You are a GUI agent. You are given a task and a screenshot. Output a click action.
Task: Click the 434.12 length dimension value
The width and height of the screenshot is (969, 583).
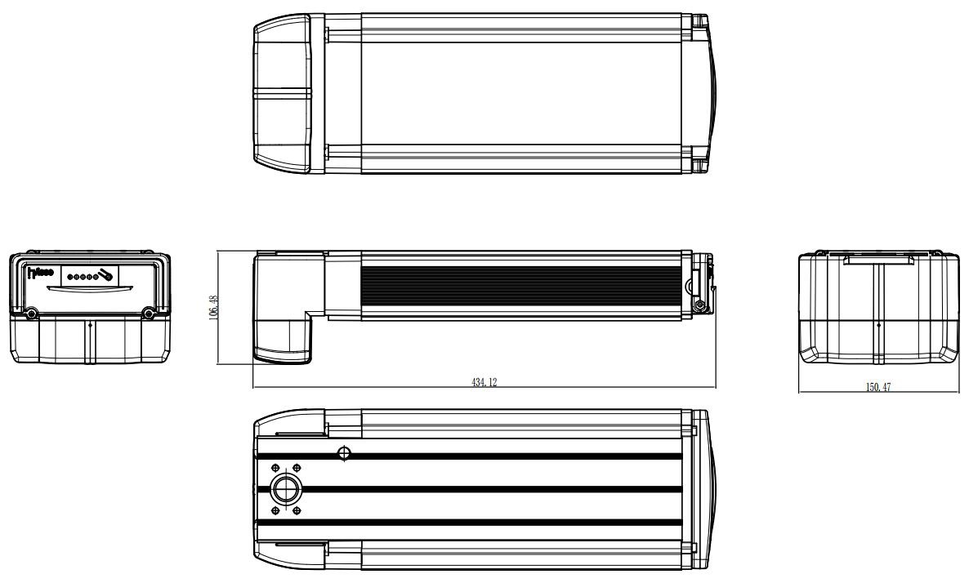484,382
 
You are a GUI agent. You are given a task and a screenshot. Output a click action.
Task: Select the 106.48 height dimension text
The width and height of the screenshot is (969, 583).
214,308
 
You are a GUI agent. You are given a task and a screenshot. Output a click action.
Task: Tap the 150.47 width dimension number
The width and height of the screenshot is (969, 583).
878,387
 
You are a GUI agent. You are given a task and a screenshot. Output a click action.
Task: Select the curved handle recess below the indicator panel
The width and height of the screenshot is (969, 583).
88,289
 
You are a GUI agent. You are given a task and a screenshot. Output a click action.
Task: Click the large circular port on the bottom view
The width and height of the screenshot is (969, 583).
286,489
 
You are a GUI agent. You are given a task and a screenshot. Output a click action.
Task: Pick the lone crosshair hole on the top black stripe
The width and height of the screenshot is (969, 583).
344,452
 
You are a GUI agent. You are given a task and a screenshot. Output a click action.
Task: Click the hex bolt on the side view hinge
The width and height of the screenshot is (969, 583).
699,305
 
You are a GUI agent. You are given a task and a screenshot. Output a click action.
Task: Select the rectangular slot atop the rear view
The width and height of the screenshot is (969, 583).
877,260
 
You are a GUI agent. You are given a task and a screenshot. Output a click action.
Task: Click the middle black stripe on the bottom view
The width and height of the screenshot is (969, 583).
490,489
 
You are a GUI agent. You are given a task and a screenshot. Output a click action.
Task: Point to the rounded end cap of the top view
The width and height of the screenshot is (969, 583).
282,95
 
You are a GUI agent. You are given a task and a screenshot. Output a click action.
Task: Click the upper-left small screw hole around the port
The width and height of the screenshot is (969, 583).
274,468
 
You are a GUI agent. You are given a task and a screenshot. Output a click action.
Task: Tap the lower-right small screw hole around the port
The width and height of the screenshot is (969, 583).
297,510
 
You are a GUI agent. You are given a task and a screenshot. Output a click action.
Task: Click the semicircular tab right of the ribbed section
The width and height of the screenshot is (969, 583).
690,287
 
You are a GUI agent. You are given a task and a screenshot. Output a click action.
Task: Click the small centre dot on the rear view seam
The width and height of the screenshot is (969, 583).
877,324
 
